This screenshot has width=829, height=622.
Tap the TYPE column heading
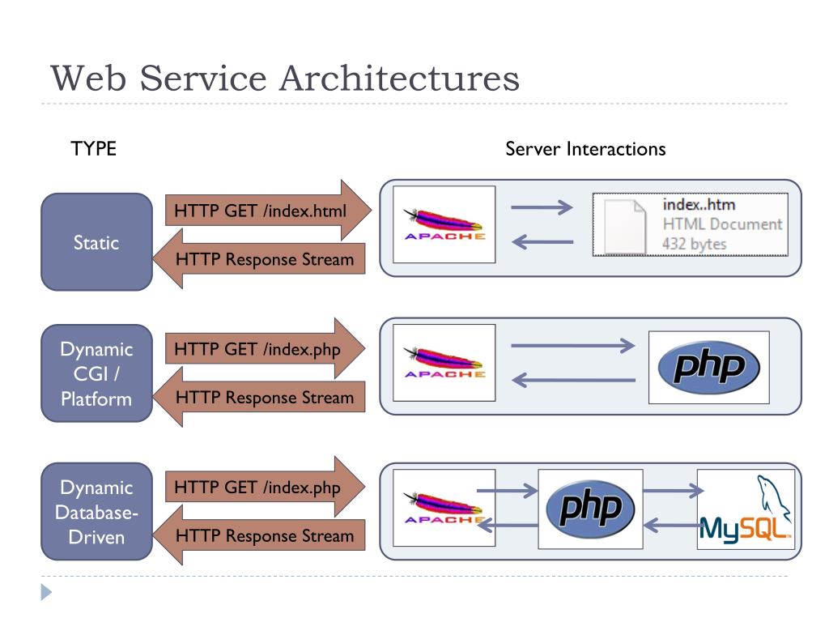[94, 149]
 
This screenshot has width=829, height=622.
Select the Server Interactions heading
[585, 149]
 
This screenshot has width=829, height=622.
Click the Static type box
[96, 242]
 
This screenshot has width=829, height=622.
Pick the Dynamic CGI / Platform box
[96, 373]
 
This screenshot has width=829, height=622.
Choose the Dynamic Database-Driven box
[96, 512]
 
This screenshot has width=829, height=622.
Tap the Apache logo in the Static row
[444, 224]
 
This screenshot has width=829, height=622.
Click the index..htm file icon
[627, 224]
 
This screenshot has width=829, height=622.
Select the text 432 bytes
[694, 244]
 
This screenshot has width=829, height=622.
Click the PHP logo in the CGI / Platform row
[708, 367]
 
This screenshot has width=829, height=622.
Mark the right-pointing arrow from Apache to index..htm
[542, 208]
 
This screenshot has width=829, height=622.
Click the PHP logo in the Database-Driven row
[590, 509]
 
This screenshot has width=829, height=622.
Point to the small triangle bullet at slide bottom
[46, 593]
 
